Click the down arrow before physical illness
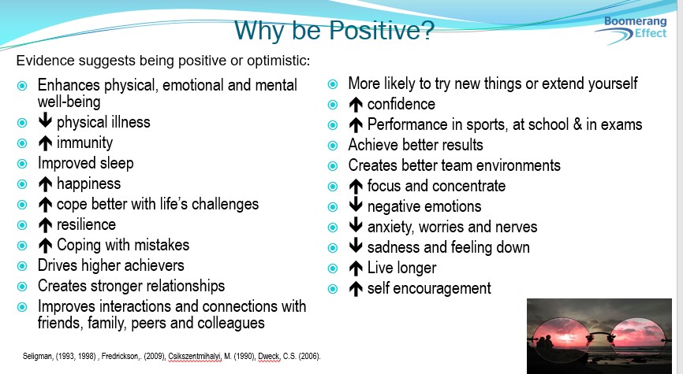point(45,120)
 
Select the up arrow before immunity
point(45,143)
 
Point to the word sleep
point(117,164)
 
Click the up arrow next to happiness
point(45,184)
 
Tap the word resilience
point(86,224)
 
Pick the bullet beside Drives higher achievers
point(22,266)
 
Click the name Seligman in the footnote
point(37,357)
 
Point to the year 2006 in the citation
point(309,357)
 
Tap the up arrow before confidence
point(356,105)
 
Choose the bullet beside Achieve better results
point(332,145)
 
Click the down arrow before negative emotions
point(356,205)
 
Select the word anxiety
point(383,228)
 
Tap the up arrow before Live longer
point(356,268)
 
